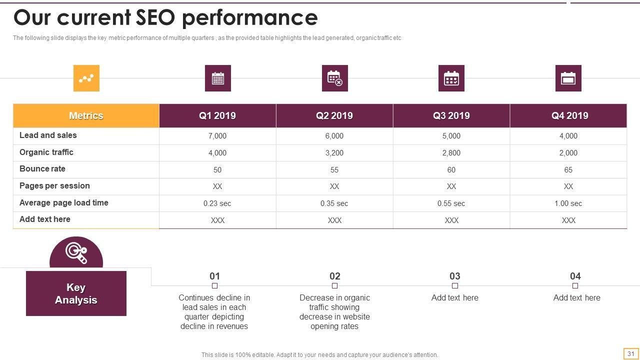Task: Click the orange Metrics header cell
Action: (x=86, y=115)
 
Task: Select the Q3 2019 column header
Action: (x=451, y=115)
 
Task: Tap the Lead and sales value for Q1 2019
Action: (x=217, y=136)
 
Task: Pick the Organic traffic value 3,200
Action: (x=334, y=153)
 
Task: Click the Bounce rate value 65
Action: (x=568, y=170)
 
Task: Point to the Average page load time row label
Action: (x=63, y=202)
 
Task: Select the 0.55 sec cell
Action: (x=451, y=203)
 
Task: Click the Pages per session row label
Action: (x=54, y=185)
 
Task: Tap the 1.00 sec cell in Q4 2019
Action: (x=568, y=203)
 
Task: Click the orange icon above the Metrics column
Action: (x=86, y=78)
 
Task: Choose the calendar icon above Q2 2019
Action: (x=334, y=78)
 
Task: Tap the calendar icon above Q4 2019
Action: (x=568, y=78)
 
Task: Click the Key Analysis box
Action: (x=76, y=293)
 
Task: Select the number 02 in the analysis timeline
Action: (x=334, y=276)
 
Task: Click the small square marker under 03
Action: (x=454, y=286)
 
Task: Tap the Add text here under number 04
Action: (x=576, y=297)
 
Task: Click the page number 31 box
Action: (x=630, y=353)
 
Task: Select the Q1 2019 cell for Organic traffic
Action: (x=217, y=153)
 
